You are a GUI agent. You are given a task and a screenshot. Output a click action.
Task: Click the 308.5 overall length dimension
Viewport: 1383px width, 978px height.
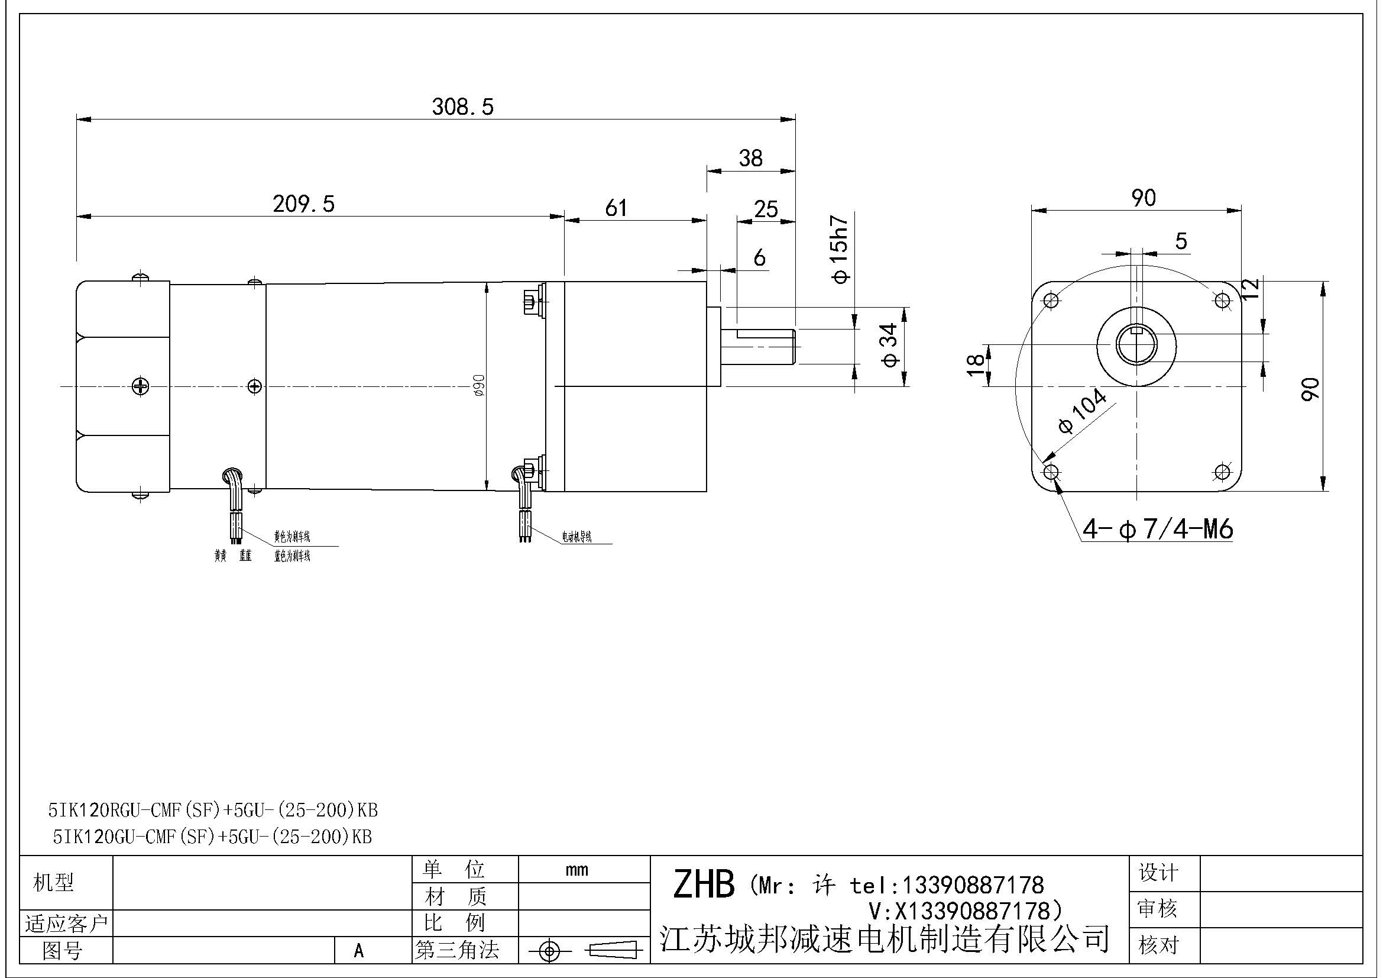click(x=462, y=107)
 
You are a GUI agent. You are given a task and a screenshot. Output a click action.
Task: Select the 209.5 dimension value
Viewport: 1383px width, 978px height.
click(x=303, y=204)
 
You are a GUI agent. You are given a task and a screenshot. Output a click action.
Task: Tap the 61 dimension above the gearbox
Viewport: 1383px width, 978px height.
click(x=616, y=208)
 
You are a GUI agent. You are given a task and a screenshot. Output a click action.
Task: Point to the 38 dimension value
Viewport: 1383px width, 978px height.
click(x=750, y=159)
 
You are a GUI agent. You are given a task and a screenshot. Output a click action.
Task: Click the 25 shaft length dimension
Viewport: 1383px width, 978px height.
click(x=766, y=209)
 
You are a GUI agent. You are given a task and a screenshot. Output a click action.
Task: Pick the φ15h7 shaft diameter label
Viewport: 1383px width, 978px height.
click(x=839, y=249)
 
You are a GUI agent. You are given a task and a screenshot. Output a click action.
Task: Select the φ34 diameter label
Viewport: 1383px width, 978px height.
click(x=889, y=346)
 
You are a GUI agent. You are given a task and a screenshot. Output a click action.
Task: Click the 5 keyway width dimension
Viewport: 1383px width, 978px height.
click(x=1181, y=241)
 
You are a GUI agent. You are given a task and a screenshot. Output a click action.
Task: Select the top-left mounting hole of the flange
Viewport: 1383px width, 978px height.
click(x=1052, y=300)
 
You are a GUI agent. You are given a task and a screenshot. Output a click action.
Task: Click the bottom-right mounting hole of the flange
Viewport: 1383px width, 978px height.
click(x=1222, y=472)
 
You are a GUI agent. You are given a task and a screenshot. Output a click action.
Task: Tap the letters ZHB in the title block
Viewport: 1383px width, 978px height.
click(x=704, y=885)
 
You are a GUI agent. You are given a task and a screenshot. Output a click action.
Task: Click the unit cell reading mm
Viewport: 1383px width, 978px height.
click(x=576, y=870)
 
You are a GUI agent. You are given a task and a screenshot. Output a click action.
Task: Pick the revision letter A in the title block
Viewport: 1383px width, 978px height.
click(x=359, y=951)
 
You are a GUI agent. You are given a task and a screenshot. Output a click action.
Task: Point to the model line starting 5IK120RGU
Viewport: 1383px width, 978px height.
click(x=213, y=811)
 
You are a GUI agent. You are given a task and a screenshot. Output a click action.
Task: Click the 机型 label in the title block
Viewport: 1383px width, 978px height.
click(x=54, y=883)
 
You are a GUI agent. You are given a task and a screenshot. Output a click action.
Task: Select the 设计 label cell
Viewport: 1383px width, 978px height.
click(x=1158, y=873)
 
